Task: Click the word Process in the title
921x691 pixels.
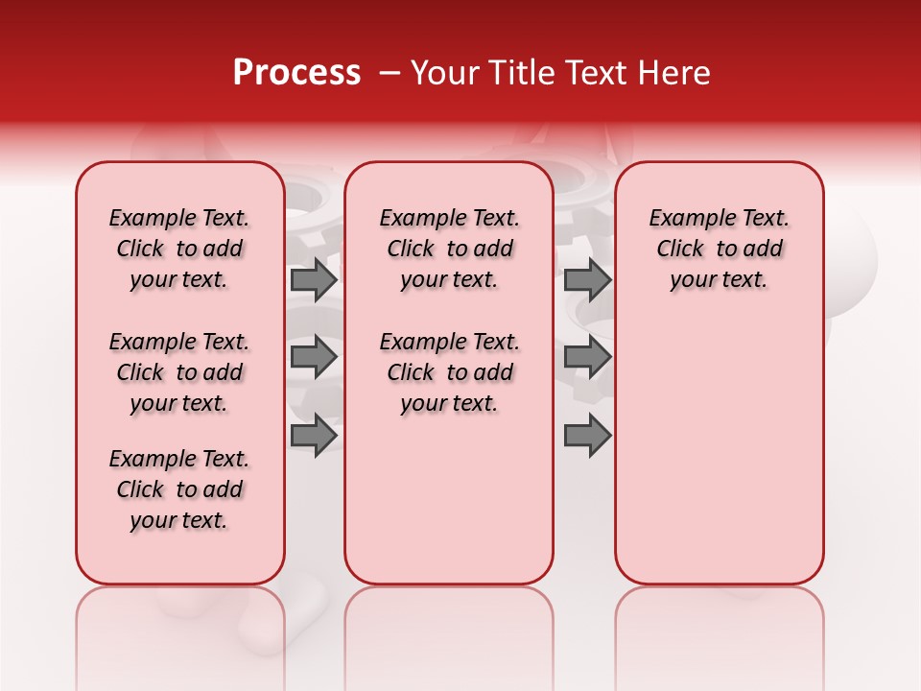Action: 296,73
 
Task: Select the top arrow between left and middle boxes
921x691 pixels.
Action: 314,279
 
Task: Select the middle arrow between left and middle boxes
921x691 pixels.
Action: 314,357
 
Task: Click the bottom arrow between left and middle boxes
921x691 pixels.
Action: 314,435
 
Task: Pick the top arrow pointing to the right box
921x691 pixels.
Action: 587,279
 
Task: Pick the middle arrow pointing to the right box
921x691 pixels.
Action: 587,357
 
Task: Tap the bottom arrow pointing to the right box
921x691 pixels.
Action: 587,435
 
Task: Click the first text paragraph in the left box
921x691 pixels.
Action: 179,249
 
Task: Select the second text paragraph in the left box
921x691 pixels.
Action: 179,372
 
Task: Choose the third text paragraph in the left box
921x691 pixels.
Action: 179,489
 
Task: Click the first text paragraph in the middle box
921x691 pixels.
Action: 449,249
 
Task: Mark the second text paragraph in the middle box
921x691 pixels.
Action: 449,372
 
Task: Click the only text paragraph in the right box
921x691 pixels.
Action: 720,249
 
